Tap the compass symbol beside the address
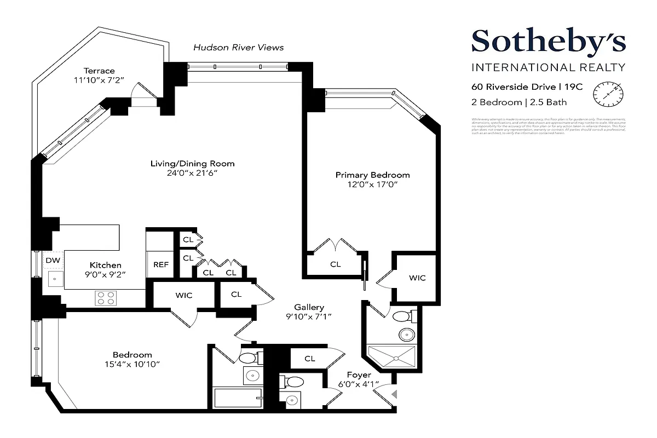(608, 94)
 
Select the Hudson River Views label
(238, 48)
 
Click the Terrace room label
(99, 71)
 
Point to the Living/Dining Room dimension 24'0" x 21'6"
(192, 173)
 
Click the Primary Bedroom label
(372, 175)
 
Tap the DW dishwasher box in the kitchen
(53, 261)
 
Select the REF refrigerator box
(160, 264)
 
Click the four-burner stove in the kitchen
(106, 298)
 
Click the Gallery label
(309, 307)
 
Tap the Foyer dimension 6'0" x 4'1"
(359, 384)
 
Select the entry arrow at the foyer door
(393, 393)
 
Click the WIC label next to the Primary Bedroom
(417, 278)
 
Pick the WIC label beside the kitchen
(183, 295)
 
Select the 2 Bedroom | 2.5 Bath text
(519, 102)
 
